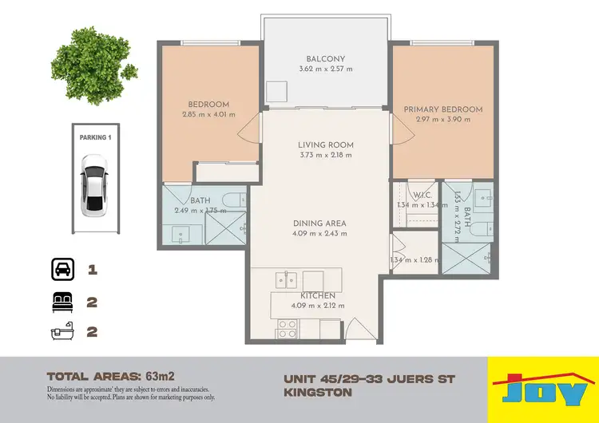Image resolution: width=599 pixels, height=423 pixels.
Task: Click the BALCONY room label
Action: tap(325, 58)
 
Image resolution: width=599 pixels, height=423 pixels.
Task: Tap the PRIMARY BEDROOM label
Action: tap(442, 109)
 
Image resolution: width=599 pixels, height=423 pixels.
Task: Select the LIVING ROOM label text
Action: tap(325, 145)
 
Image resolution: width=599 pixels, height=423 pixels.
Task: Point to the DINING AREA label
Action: tap(325, 223)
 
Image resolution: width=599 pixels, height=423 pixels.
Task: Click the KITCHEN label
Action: tap(318, 296)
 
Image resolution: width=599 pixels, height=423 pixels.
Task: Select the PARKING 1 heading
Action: tap(95, 137)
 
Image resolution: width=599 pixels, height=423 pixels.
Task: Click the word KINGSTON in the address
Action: tap(318, 392)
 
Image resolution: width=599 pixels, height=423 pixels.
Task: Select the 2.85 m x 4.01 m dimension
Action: tap(209, 114)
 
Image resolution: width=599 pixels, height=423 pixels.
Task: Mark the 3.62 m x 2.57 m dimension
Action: tap(325, 69)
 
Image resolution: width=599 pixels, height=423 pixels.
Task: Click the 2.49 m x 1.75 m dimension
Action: tap(200, 211)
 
